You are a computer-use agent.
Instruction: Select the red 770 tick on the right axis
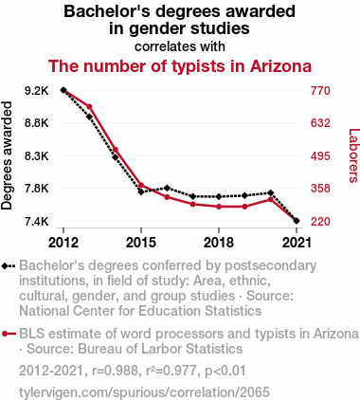319,91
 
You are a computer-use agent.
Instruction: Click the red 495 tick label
319,156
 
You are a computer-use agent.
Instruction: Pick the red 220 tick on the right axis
319,222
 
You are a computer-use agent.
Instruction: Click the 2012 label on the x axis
63,242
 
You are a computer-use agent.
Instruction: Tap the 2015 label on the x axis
141,242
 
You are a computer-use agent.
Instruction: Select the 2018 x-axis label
219,242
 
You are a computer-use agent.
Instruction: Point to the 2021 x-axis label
297,242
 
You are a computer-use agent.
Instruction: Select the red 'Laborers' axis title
352,155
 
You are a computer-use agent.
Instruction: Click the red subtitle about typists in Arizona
179,67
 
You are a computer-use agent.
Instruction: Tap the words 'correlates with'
179,45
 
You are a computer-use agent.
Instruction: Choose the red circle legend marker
9,334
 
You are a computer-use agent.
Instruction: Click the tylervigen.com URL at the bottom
145,391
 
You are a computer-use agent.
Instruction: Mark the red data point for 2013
89,107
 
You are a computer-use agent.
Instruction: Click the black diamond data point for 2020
271,193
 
